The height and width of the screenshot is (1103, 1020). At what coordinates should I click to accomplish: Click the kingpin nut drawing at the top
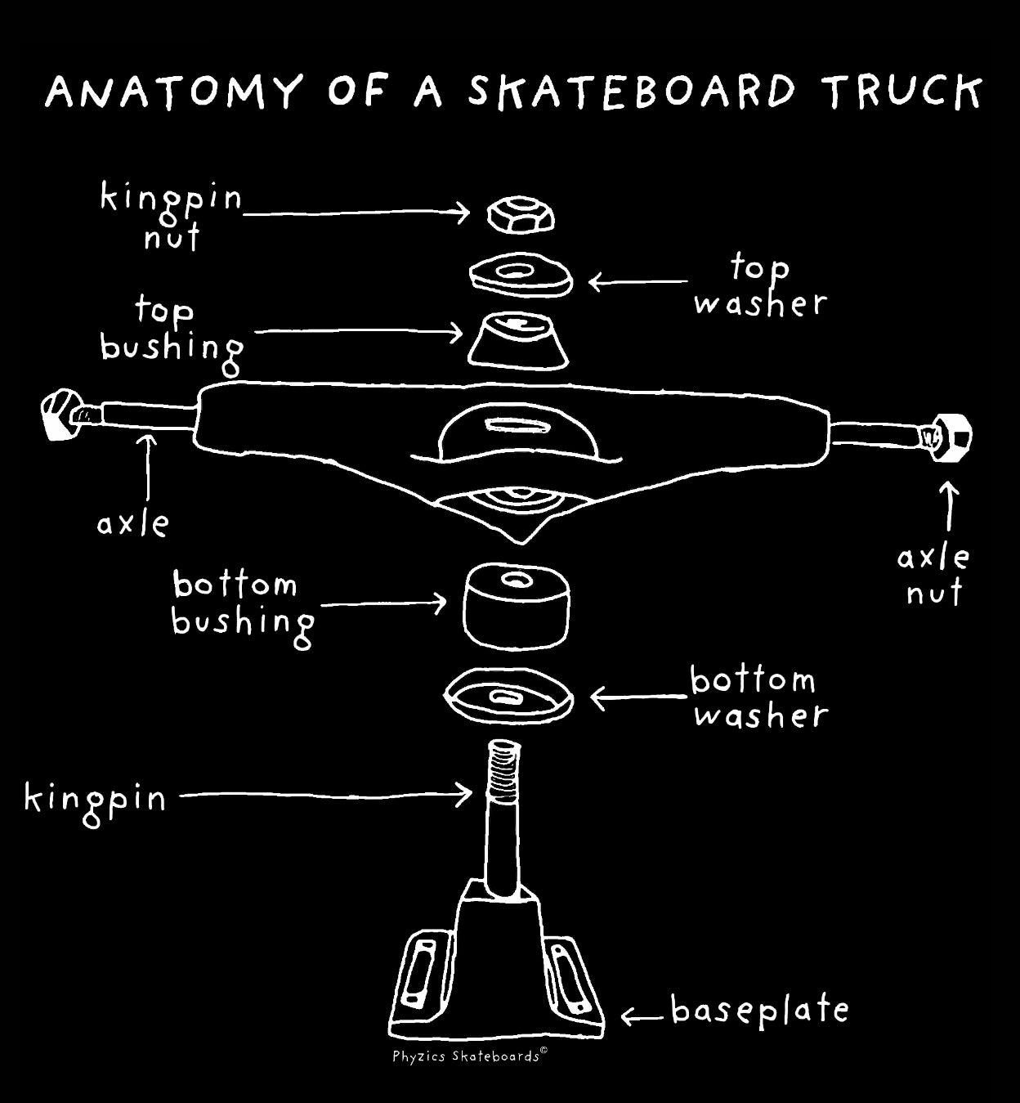click(521, 215)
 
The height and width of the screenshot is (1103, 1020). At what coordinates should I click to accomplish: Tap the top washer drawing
click(521, 276)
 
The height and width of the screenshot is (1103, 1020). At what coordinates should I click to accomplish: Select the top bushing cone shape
click(518, 340)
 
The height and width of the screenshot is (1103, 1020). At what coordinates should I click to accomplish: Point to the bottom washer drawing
click(508, 697)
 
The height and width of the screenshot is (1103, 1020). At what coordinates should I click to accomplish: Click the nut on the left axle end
click(59, 415)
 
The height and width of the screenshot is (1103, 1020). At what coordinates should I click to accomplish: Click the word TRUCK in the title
click(902, 92)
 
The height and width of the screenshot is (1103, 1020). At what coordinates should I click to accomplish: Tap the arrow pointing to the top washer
click(637, 283)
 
